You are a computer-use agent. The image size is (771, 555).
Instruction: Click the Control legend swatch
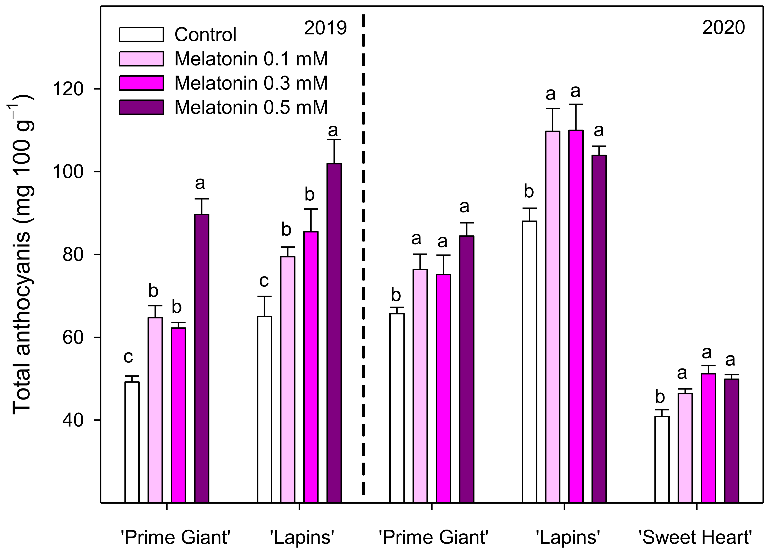(141, 34)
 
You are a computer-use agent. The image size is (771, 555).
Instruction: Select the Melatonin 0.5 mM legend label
(251, 107)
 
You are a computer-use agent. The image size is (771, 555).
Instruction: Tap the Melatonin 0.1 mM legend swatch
(141, 59)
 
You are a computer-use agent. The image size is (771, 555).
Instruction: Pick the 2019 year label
(325, 28)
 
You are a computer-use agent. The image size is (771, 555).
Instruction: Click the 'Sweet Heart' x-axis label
(695, 537)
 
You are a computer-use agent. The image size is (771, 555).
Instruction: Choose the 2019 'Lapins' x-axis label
(302, 537)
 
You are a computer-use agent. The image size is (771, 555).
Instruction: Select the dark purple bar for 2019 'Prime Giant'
(201, 357)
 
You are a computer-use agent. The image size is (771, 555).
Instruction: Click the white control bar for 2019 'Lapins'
(264, 408)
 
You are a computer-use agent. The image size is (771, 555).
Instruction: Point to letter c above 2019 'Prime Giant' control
(128, 357)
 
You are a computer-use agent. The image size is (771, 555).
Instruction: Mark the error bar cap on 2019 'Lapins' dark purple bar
(334, 140)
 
